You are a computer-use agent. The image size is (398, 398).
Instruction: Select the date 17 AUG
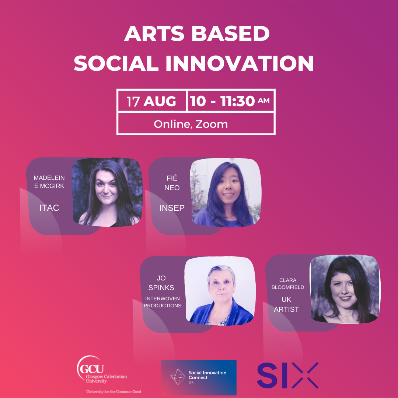click(x=151, y=101)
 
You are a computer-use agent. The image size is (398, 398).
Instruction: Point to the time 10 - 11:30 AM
click(x=230, y=101)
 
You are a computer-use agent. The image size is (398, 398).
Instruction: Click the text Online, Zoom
click(x=191, y=124)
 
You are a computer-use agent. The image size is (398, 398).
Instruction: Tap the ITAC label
click(x=49, y=208)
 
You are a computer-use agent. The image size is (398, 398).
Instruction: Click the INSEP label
click(x=172, y=208)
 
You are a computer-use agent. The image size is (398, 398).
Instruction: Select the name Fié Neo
click(x=172, y=183)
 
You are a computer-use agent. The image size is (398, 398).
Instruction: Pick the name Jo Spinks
click(x=161, y=283)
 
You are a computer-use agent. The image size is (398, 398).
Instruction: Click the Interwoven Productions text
click(x=163, y=302)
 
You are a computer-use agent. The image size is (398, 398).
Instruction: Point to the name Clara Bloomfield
click(x=288, y=283)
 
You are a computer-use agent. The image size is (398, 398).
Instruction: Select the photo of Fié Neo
click(x=226, y=192)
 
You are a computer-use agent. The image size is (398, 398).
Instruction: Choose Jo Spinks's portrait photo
click(x=220, y=291)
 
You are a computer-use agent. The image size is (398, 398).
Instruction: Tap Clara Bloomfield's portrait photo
click(x=345, y=289)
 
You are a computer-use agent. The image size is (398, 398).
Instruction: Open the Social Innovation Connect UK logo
click(x=199, y=377)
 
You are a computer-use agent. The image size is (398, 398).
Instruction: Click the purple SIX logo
click(x=287, y=375)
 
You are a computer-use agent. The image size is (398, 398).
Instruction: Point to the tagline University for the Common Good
click(x=114, y=391)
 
